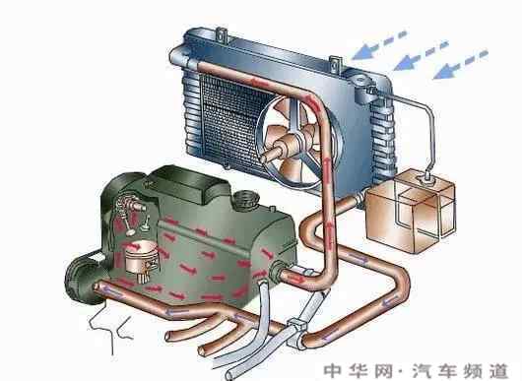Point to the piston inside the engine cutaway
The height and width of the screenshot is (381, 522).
[x=141, y=256]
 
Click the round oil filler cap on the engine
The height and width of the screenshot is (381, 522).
[x=246, y=199]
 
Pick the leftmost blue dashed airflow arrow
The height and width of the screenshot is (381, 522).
[x=378, y=45]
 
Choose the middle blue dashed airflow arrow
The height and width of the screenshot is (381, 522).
[x=421, y=55]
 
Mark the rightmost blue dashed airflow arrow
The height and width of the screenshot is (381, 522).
[x=460, y=64]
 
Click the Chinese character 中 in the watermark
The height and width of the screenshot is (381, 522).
[x=333, y=370]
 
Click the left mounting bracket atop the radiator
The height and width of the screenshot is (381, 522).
[x=222, y=34]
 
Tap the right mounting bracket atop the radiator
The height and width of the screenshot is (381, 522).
[x=336, y=63]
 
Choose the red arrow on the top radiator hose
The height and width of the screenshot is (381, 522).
[x=256, y=82]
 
